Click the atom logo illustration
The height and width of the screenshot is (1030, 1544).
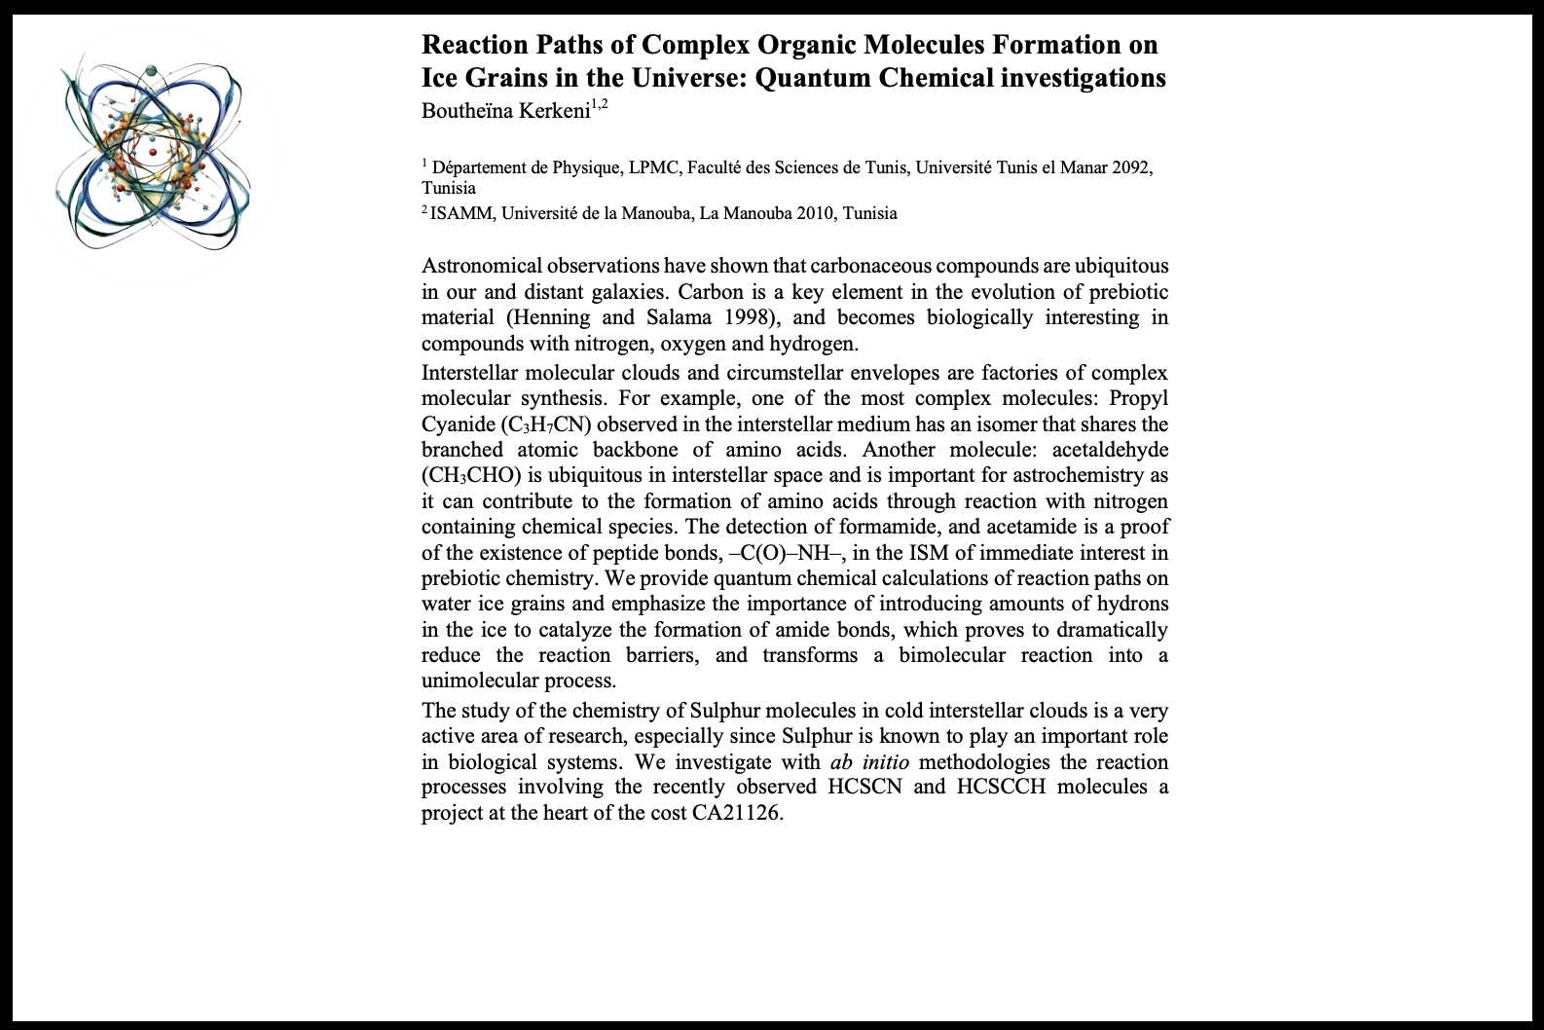(153, 156)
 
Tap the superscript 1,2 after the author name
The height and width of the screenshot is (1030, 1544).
(599, 105)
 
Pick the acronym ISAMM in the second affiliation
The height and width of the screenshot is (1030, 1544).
(463, 213)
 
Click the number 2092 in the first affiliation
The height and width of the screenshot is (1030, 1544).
(1126, 167)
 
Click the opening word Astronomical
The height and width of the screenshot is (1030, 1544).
(481, 266)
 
